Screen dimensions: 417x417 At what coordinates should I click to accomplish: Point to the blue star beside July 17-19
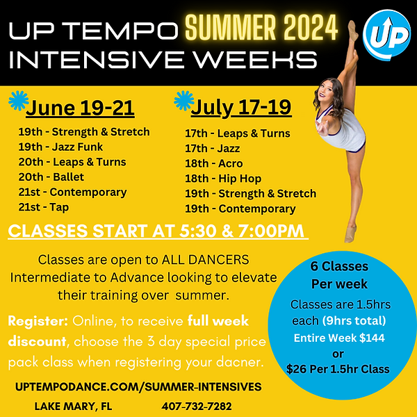tap(183, 101)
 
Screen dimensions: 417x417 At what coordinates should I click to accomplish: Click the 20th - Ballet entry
tap(51, 177)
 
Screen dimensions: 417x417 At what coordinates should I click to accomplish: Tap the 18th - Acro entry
tap(212, 163)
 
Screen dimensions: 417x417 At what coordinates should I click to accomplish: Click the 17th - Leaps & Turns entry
tap(237, 133)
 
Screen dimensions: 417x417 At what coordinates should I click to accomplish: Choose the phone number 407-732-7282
tap(196, 406)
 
